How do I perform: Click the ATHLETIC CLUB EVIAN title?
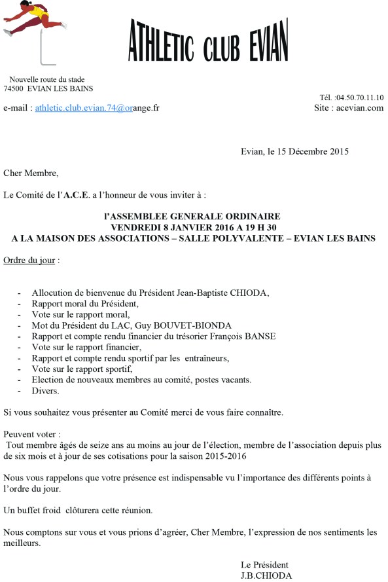207,40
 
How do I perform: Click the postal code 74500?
14,88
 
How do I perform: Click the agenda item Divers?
45,391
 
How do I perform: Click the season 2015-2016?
232,456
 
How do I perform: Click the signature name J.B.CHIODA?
266,576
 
